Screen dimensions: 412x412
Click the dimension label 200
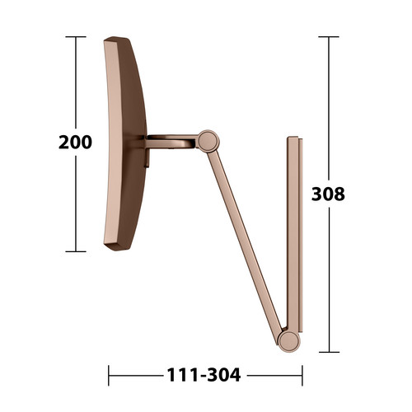point(75,142)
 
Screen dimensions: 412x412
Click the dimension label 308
point(328,194)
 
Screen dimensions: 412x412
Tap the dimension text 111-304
point(204,375)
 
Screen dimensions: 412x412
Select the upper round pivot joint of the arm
point(208,141)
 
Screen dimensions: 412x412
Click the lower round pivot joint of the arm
point(288,341)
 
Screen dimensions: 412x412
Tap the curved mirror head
point(125,143)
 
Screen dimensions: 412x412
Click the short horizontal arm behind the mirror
point(171,142)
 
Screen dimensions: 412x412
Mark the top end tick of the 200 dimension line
point(76,36)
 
